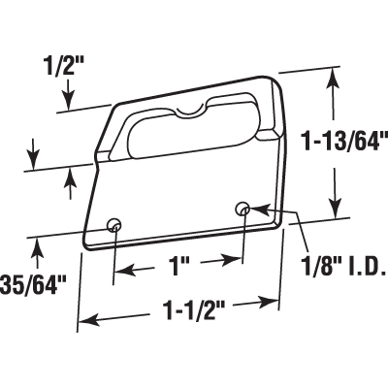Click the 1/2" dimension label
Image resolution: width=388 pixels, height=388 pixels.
tap(63, 68)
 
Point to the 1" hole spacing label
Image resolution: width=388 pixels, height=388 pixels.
tap(177, 267)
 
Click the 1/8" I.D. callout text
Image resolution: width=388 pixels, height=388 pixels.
tap(344, 267)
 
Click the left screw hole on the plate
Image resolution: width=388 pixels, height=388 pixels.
tap(113, 224)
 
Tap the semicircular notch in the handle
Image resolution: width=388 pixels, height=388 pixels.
tap(190, 110)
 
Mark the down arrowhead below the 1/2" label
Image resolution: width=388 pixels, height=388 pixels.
tap(69, 101)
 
